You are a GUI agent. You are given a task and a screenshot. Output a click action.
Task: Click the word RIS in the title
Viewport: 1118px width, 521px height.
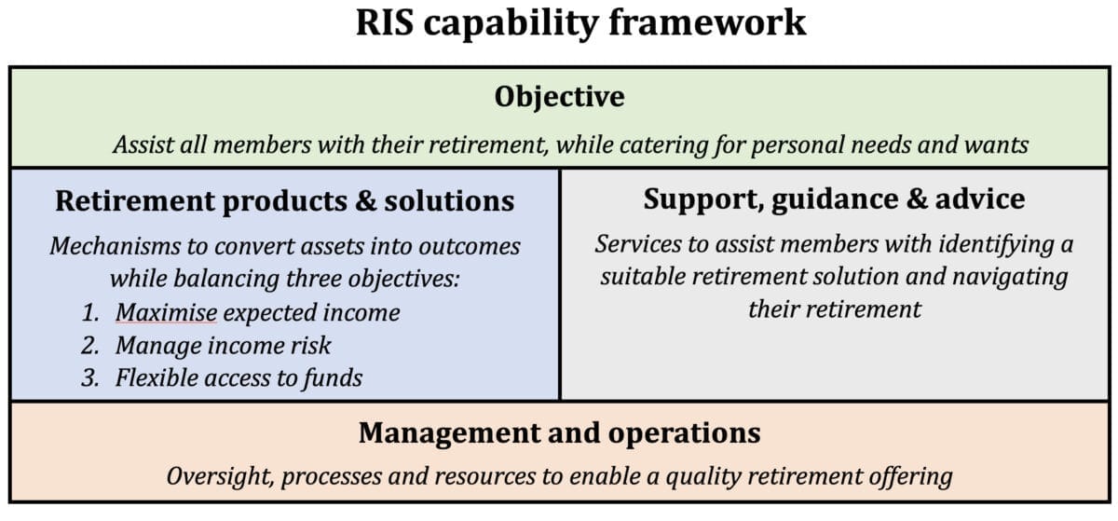pyautogui.click(x=387, y=22)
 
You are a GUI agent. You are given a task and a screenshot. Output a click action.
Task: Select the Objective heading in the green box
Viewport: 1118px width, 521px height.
pyautogui.click(x=559, y=96)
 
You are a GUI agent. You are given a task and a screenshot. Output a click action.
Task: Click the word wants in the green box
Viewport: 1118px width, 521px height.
pyautogui.click(x=996, y=145)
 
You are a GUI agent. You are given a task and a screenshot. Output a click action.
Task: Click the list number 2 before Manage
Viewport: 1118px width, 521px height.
pyautogui.click(x=90, y=346)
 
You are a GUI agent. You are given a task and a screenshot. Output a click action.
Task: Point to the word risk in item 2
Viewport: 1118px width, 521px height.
pyautogui.click(x=310, y=346)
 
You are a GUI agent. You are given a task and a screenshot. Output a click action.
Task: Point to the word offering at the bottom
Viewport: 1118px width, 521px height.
pyautogui.click(x=904, y=475)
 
